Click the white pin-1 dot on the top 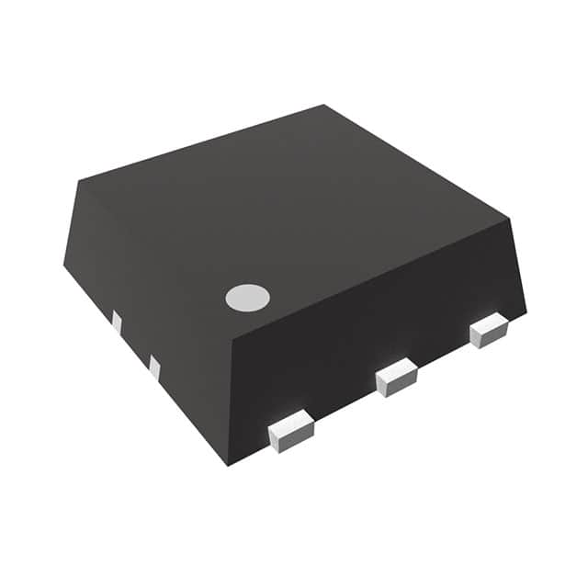point(248,297)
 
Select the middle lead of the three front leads point(397,378)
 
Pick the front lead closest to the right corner point(488,331)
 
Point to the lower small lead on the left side point(153,367)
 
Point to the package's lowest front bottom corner point(227,465)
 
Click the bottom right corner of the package point(526,311)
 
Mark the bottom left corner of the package point(63,266)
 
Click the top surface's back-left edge point(202,142)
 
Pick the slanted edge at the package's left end point(72,223)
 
